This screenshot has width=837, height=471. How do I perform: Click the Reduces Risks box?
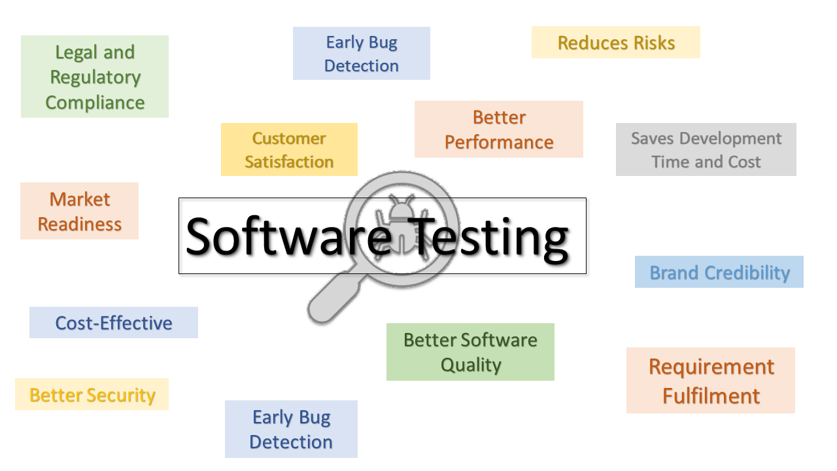[616, 43]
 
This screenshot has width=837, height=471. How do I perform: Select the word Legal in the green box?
[77, 52]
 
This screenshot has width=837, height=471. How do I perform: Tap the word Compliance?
[95, 103]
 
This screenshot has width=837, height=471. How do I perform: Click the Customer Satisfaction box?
[289, 150]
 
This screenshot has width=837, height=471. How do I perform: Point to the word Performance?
[499, 143]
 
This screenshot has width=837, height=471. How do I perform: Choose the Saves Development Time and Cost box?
[706, 150]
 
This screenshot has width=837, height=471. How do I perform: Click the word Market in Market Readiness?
[80, 199]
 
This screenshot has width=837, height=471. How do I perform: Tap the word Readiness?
[80, 224]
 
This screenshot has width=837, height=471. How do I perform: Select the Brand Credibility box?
[719, 271]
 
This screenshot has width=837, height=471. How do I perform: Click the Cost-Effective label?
[114, 323]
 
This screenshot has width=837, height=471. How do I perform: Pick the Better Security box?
[92, 394]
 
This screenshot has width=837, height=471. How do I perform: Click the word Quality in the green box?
[471, 365]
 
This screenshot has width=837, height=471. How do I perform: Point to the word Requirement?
[711, 367]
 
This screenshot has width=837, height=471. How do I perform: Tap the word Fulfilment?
[711, 396]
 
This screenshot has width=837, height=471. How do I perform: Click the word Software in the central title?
[288, 237]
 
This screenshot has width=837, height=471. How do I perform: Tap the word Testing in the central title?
[488, 239]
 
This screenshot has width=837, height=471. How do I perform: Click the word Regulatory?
[95, 78]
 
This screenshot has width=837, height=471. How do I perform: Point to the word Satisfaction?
[289, 162]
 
